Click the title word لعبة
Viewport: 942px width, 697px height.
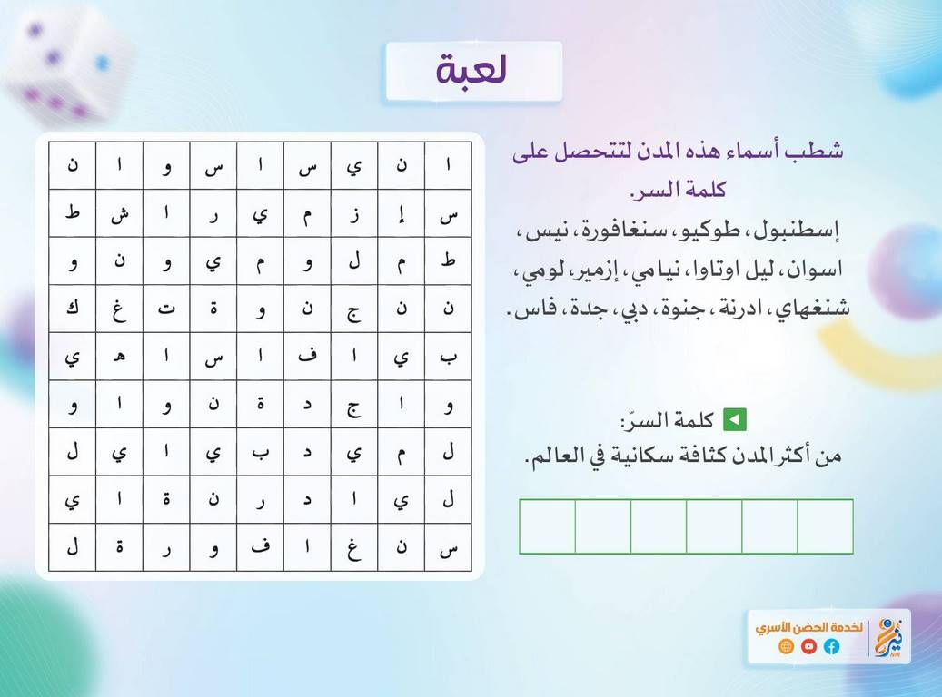[x=471, y=70]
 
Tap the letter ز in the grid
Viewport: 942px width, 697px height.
[x=355, y=213]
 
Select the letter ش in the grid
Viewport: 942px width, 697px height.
[x=120, y=213]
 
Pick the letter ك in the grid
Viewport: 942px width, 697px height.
[x=73, y=308]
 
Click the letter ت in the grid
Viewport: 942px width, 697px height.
[x=166, y=309]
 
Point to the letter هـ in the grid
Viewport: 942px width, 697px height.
[x=120, y=356]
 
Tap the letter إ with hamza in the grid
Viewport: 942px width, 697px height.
[x=402, y=213]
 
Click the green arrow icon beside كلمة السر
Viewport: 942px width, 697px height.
[x=734, y=419]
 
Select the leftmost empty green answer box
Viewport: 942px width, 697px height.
[x=547, y=525]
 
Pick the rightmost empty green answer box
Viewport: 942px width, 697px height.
[x=825, y=525]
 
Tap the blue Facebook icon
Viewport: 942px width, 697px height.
[x=831, y=646]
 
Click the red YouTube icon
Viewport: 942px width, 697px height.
[x=808, y=646]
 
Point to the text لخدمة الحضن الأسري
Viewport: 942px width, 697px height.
[x=808, y=627]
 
